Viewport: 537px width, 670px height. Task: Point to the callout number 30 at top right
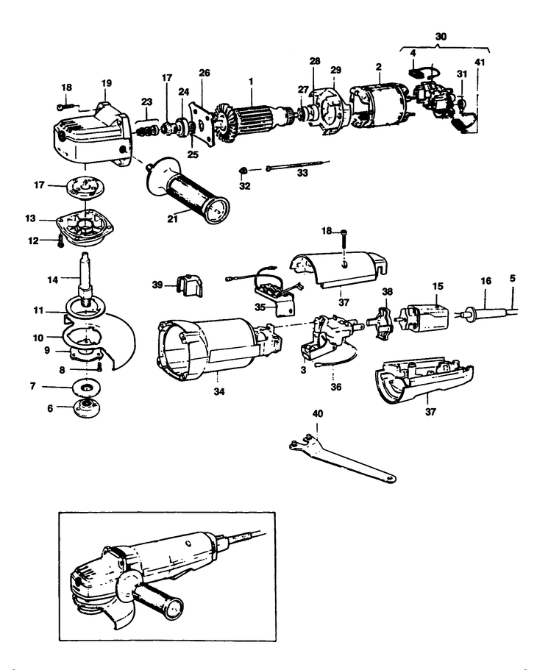point(440,35)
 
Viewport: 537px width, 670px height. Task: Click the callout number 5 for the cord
point(513,279)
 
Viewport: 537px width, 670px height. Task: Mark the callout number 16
point(485,281)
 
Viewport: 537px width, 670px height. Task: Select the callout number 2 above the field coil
point(377,67)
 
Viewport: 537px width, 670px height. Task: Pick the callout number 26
point(204,72)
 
